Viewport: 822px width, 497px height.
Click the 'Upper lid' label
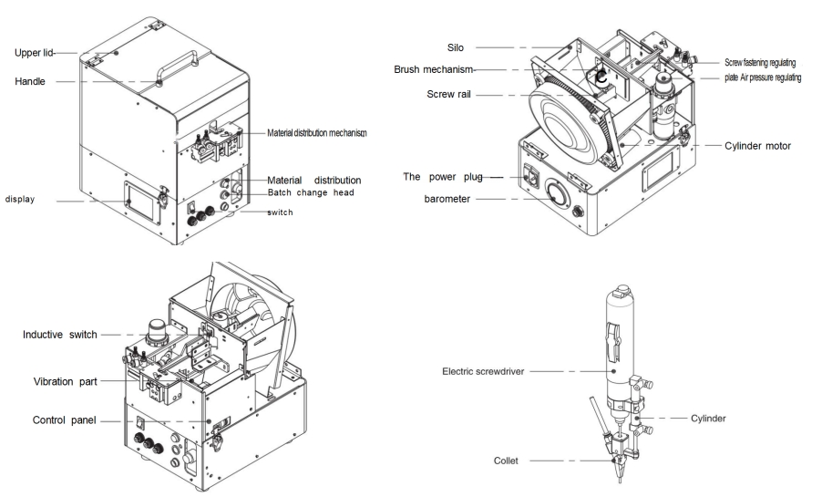point(34,53)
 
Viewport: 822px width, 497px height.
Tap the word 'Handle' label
point(31,81)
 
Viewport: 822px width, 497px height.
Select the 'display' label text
point(21,199)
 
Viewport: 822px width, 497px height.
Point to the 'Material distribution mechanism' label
point(316,133)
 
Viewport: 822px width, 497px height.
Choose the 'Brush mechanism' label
point(436,69)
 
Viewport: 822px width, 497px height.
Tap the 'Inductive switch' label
point(60,335)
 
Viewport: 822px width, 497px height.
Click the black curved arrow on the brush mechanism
point(601,79)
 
